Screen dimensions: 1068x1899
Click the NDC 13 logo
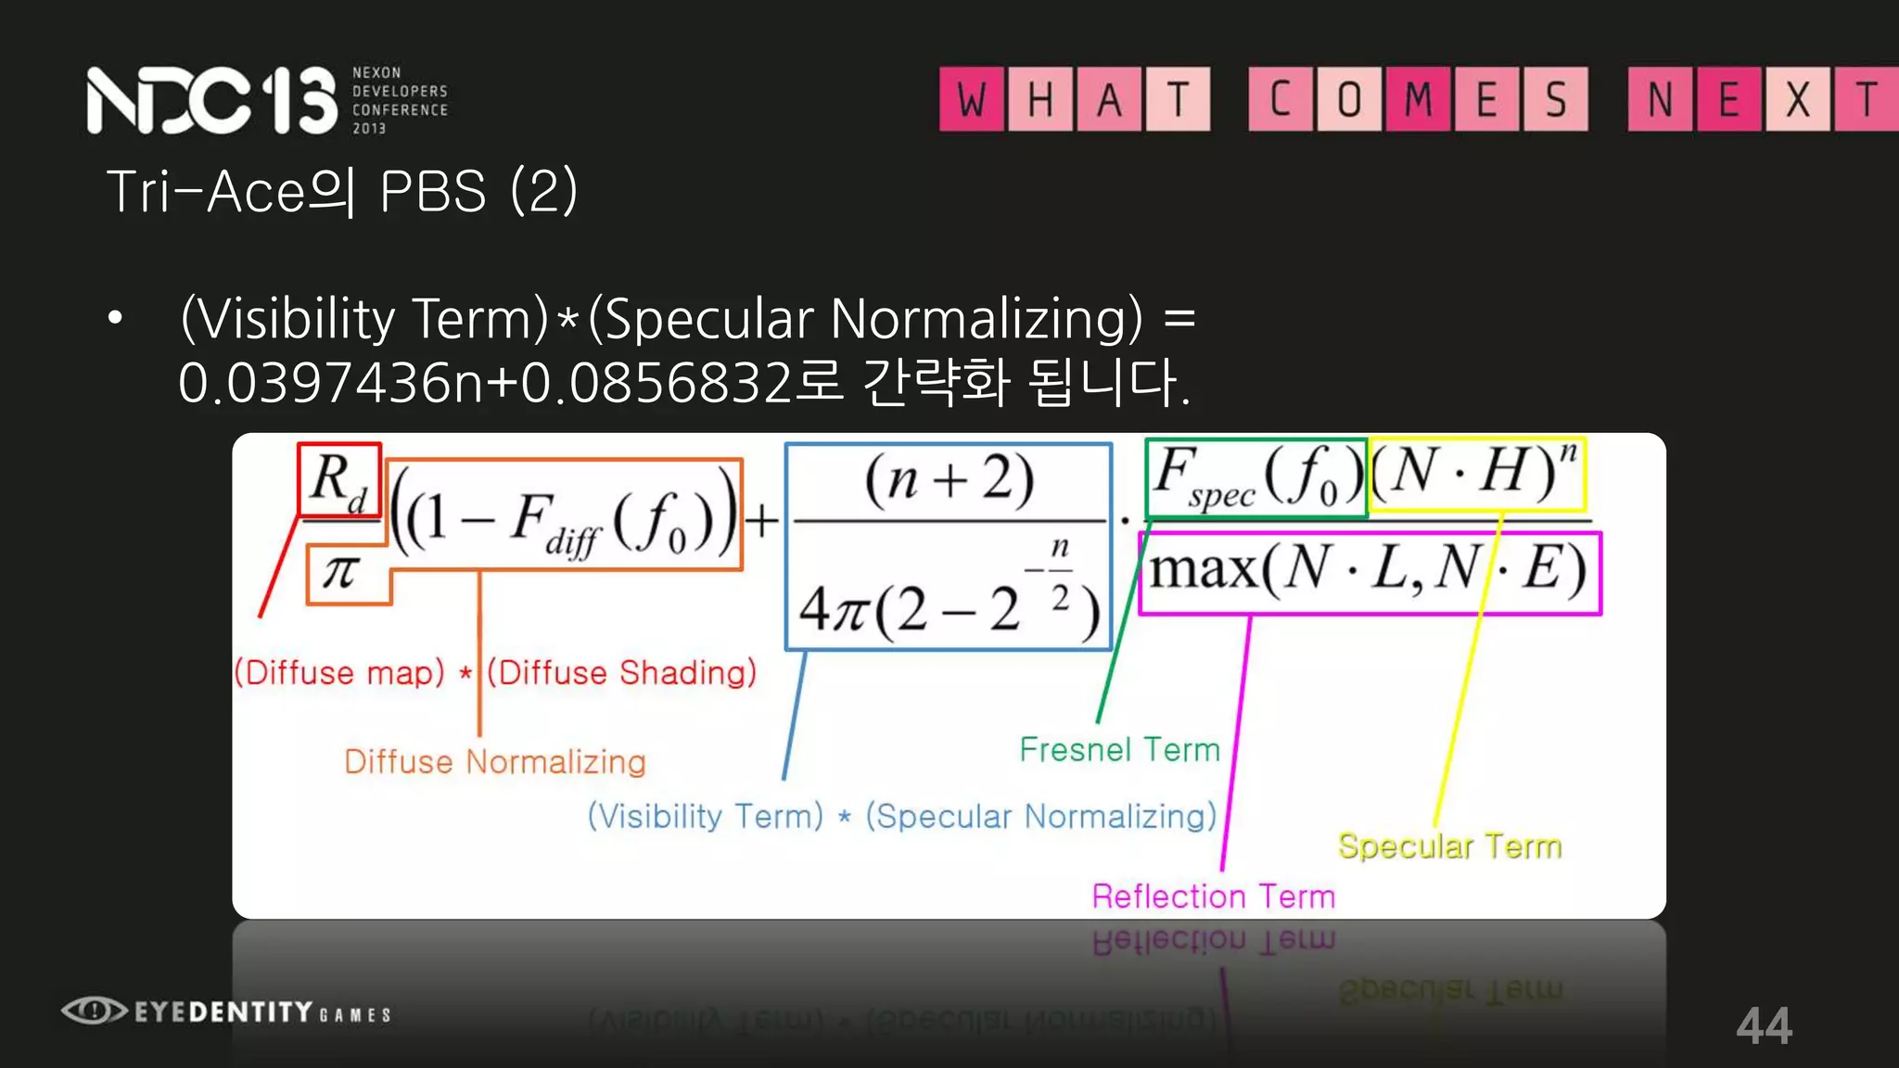[x=211, y=100]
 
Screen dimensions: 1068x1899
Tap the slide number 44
[x=1764, y=1025]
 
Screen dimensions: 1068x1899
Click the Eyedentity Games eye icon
[x=94, y=1010]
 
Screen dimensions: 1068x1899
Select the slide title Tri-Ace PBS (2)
[x=342, y=192]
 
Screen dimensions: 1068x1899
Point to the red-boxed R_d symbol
[x=338, y=480]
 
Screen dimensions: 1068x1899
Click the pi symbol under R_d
[x=339, y=571]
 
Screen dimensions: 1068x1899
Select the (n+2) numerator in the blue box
[x=949, y=480]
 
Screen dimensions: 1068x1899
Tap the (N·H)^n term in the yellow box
[x=1475, y=473]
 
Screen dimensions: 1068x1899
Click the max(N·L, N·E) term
[x=1369, y=570]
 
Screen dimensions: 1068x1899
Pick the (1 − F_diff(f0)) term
[x=564, y=517]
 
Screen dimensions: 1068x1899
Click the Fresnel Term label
[x=1119, y=749]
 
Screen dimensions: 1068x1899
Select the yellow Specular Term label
[x=1449, y=845]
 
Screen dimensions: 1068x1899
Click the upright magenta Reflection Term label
[x=1213, y=896]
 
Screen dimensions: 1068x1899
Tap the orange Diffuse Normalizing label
[x=494, y=762]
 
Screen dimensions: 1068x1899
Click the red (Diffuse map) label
[x=339, y=672]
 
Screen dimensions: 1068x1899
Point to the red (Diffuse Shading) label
[x=621, y=672]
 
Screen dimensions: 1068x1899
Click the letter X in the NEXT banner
[x=1797, y=99]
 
